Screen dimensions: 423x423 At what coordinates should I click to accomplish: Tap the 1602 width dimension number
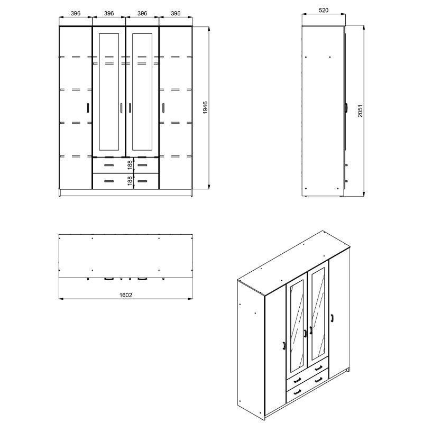(x=125, y=295)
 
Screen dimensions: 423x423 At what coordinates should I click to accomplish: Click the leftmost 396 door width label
(x=75, y=14)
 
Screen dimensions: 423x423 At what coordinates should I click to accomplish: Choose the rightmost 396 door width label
(x=176, y=14)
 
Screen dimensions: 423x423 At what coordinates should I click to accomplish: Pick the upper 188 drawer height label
(x=130, y=164)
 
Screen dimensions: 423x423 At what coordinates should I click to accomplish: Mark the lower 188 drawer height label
(x=130, y=181)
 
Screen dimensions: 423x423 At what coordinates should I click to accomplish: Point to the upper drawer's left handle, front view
(x=108, y=164)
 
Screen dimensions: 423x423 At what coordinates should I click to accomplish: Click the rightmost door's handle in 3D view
(x=332, y=317)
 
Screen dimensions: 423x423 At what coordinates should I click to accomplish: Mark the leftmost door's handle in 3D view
(x=284, y=346)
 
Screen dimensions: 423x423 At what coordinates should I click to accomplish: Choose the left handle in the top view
(x=109, y=277)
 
